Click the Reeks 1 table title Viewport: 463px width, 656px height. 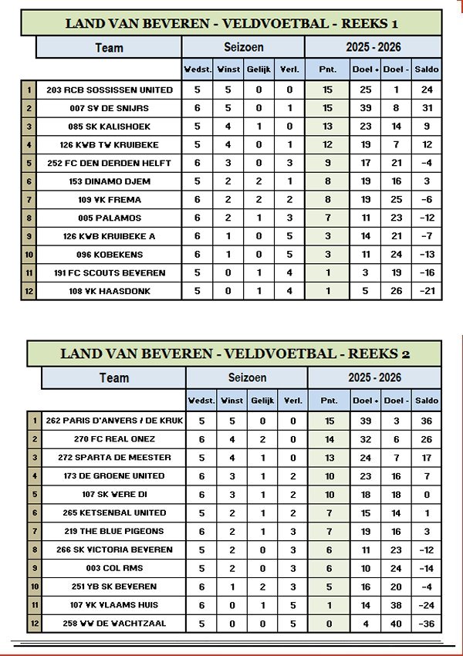pyautogui.click(x=231, y=23)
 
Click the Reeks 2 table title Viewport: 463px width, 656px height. pyautogui.click(x=235, y=353)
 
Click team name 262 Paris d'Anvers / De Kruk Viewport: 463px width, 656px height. pyautogui.click(x=114, y=421)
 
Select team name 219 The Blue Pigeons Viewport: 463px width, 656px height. pyautogui.click(x=114, y=531)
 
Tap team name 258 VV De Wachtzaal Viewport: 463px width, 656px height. pyautogui.click(x=114, y=623)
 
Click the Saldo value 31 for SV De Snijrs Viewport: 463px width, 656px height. pyautogui.click(x=427, y=108)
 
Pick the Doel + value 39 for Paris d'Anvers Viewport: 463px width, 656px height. pyautogui.click(x=367, y=421)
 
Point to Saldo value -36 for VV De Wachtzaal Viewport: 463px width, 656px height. pyautogui.click(x=427, y=623)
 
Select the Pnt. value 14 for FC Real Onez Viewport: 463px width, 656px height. pyautogui.click(x=328, y=439)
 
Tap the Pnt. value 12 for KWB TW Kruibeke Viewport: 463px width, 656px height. pyautogui.click(x=328, y=145)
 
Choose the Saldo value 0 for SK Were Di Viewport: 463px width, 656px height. pyautogui.click(x=427, y=494)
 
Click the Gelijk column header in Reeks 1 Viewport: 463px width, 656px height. pyautogui.click(x=260, y=69)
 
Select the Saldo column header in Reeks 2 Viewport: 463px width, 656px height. pyautogui.click(x=427, y=400)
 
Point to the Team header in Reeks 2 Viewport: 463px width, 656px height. pyautogui.click(x=114, y=378)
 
